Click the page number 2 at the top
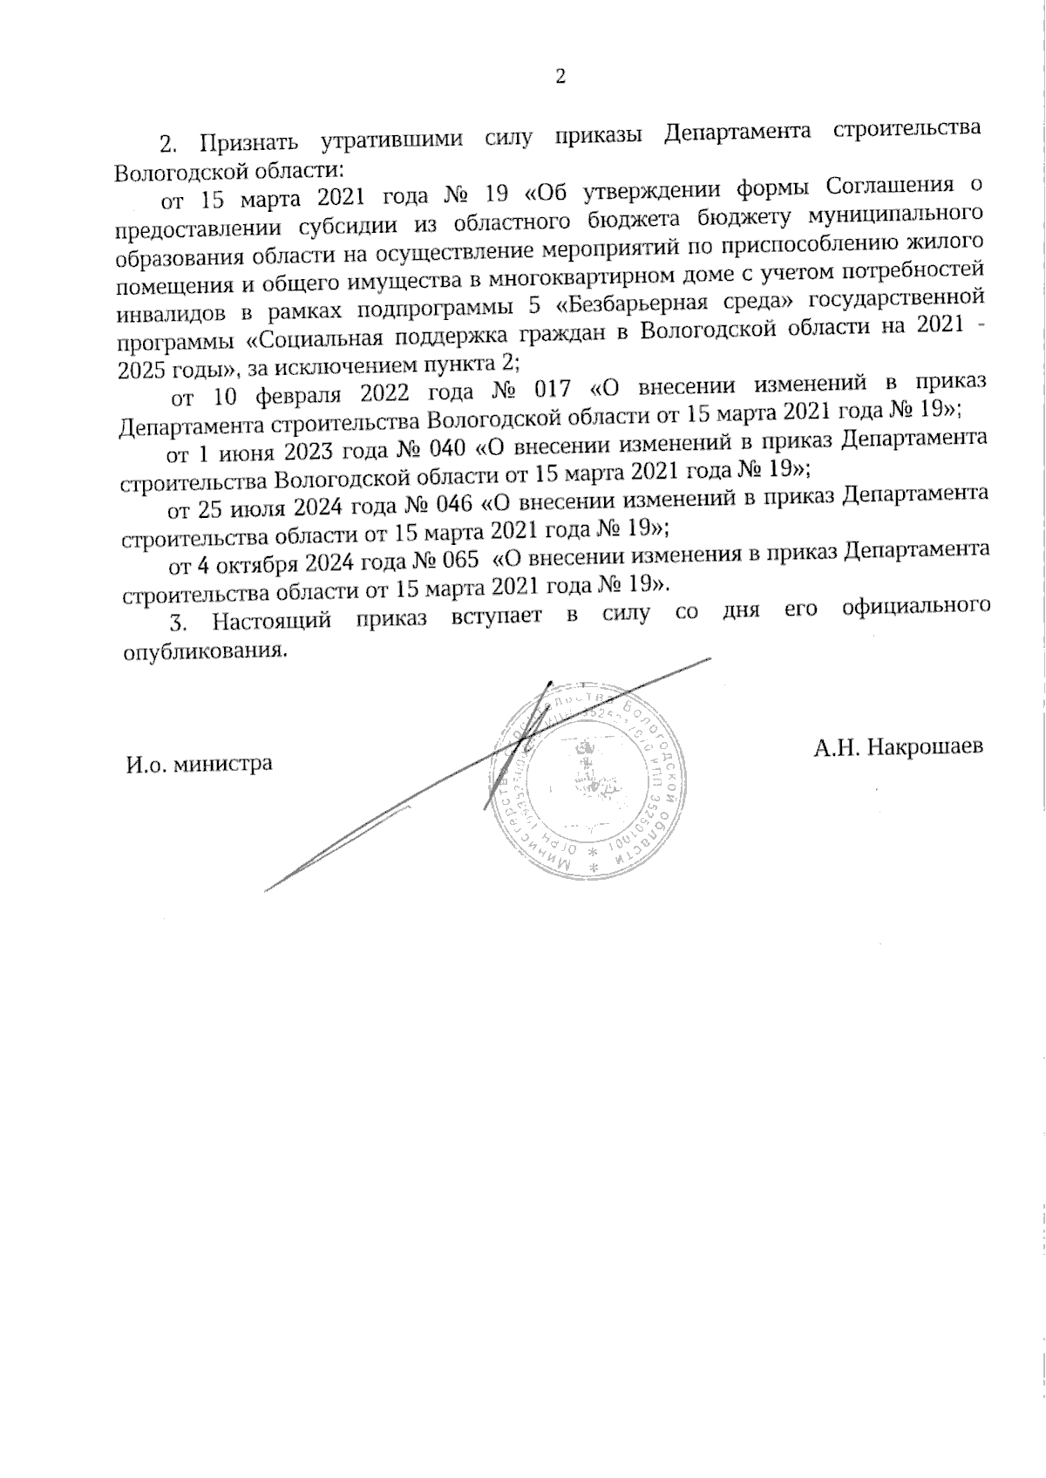click(x=560, y=76)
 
